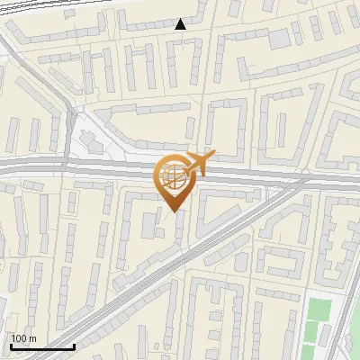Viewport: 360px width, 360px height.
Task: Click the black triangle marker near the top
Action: point(181,24)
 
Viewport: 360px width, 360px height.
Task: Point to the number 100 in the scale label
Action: point(20,338)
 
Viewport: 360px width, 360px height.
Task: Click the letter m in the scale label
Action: point(32,338)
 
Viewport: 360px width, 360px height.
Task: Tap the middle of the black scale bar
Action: point(41,346)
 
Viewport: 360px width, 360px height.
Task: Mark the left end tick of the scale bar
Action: point(10,345)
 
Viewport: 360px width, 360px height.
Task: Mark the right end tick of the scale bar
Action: point(73,345)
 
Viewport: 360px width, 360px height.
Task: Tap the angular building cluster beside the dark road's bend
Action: point(90,139)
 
